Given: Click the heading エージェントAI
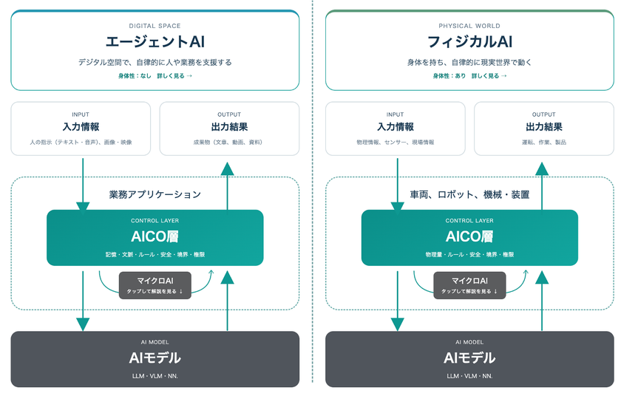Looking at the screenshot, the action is click(155, 41).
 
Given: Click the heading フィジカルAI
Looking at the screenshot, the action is click(469, 41).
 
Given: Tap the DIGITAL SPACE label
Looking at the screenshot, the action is click(155, 26).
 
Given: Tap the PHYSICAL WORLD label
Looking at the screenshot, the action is click(469, 26).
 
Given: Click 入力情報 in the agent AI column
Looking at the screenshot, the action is click(81, 126).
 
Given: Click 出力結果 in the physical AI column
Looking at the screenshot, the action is click(544, 126).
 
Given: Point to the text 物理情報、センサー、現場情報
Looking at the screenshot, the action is click(396, 142).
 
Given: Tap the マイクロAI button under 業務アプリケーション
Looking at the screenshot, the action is click(155, 285).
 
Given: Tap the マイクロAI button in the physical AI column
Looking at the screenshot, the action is click(469, 285).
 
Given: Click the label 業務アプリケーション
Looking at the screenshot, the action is click(155, 194).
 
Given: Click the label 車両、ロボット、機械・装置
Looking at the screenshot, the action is click(469, 194).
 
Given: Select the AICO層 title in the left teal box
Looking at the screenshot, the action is click(155, 236).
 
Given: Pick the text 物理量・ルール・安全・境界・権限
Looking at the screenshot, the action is click(469, 254).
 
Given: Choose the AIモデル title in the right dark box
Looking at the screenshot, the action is click(469, 358).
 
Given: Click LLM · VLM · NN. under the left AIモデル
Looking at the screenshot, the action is click(155, 376).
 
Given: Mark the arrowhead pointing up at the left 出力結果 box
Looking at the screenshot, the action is click(228, 169).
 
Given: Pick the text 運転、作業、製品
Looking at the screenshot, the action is click(544, 142).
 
